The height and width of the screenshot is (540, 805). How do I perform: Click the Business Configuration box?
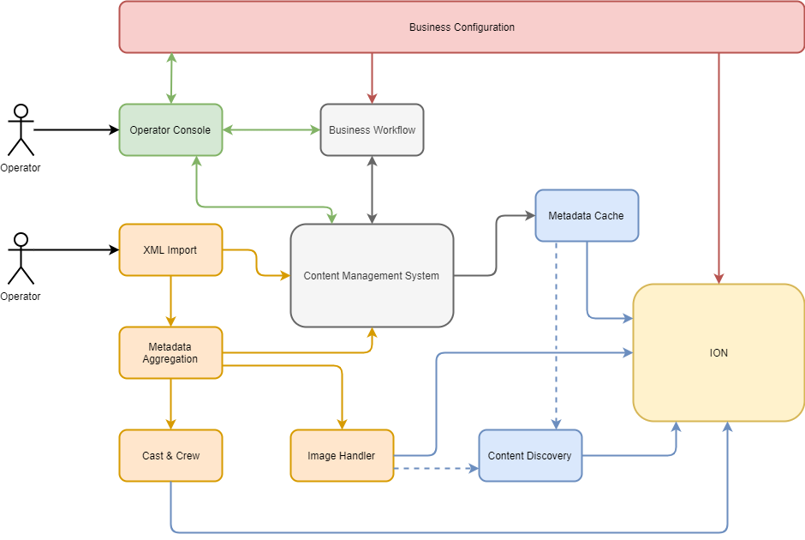pos(462,27)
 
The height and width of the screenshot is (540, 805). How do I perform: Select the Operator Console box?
pos(170,130)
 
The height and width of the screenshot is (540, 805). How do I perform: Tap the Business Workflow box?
pos(372,130)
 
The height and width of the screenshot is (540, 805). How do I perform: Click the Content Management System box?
pos(372,276)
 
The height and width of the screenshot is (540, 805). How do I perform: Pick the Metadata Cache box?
pos(586,216)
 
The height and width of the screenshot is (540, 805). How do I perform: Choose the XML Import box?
pos(170,250)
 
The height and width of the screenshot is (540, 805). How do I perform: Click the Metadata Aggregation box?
pos(170,353)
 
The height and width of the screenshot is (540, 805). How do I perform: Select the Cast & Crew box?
pos(170,456)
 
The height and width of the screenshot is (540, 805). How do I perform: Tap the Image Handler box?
pos(342,456)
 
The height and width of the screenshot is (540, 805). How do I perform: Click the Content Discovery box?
pos(530,456)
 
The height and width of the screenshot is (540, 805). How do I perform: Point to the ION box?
pos(719,353)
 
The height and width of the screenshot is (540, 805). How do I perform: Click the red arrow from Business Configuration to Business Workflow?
pos(372,78)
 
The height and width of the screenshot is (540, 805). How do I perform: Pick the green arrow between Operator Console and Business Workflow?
pos(271,130)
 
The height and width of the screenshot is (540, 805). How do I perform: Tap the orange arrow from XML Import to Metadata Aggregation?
pos(170,301)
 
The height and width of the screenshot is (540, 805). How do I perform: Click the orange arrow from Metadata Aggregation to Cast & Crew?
pos(170,404)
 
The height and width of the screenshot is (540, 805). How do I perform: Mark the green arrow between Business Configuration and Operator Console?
pos(171,78)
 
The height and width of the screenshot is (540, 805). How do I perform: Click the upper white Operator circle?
pos(21,111)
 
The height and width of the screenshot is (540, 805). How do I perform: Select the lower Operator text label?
pos(21,297)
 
